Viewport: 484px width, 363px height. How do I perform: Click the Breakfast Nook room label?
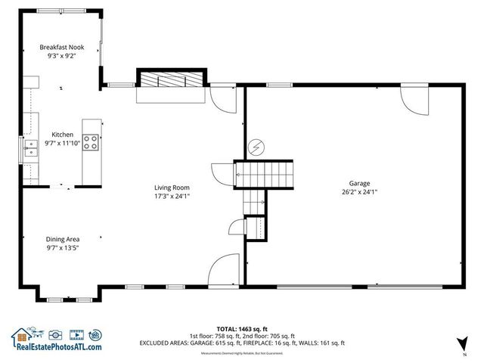tap(62, 47)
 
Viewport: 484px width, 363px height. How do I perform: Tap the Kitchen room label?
tap(62, 134)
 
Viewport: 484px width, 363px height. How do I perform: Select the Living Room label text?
tap(172, 187)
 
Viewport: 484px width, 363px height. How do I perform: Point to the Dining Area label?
tap(62, 238)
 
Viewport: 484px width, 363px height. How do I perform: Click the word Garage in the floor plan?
tap(359, 183)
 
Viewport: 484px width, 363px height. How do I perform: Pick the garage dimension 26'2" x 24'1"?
tap(359, 192)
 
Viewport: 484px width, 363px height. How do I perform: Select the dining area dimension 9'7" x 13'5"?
tap(62, 247)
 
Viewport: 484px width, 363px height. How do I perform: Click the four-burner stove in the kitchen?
tap(92, 143)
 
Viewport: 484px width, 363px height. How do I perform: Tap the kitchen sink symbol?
tap(32, 147)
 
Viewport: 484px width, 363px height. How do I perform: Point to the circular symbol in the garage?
tap(256, 145)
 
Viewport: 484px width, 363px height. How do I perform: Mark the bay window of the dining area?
tap(64, 290)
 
